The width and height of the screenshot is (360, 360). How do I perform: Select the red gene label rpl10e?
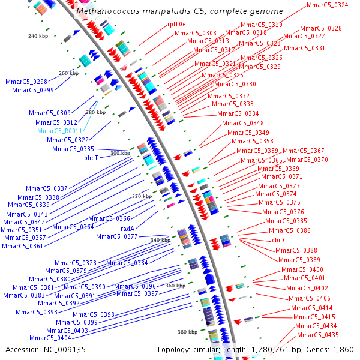(x=176, y=24)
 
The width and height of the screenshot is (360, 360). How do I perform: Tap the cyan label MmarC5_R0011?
(x=60, y=131)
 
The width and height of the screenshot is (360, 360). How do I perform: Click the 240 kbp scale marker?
(x=38, y=36)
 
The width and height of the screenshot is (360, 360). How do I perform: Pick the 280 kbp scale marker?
(x=95, y=112)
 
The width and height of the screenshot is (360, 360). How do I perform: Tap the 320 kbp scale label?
(x=142, y=196)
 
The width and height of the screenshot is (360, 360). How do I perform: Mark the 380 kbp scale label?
(x=187, y=332)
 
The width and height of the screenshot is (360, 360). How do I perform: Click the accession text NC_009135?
(x=46, y=349)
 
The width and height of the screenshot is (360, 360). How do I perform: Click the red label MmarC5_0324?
(x=327, y=5)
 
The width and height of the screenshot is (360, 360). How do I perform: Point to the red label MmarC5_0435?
(x=317, y=335)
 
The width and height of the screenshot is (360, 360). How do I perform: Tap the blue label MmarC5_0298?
(x=26, y=81)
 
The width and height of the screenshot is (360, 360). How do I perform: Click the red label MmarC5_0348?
(x=242, y=123)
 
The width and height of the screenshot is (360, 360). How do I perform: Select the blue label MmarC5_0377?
(x=116, y=236)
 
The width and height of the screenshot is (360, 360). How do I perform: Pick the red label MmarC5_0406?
(x=309, y=298)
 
